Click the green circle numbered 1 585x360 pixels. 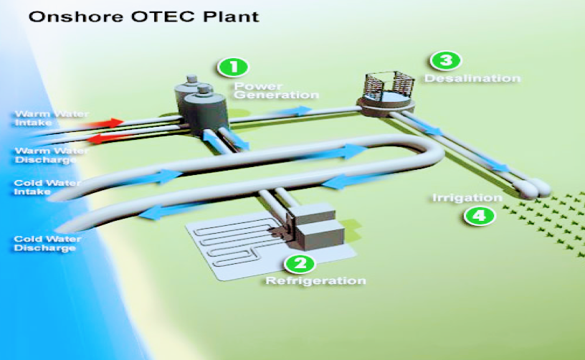233,67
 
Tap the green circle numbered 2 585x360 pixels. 300,262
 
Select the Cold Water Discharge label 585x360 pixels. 44,243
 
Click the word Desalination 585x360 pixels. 473,77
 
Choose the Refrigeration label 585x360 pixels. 315,280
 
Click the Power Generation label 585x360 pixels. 275,90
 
